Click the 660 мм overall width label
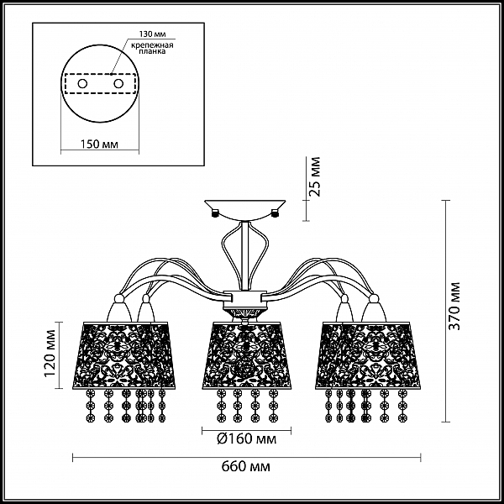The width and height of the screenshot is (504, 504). tap(246, 466)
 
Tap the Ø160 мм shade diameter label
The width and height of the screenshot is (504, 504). tap(246, 438)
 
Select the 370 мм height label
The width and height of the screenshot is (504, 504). tap(454, 306)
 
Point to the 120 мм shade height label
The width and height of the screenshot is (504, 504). tap(50, 354)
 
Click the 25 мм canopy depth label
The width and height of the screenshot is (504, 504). tap(314, 176)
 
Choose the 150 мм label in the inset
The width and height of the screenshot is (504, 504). tap(99, 144)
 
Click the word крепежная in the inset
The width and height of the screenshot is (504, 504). tap(152, 45)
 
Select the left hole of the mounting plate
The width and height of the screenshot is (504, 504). tap(82, 84)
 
